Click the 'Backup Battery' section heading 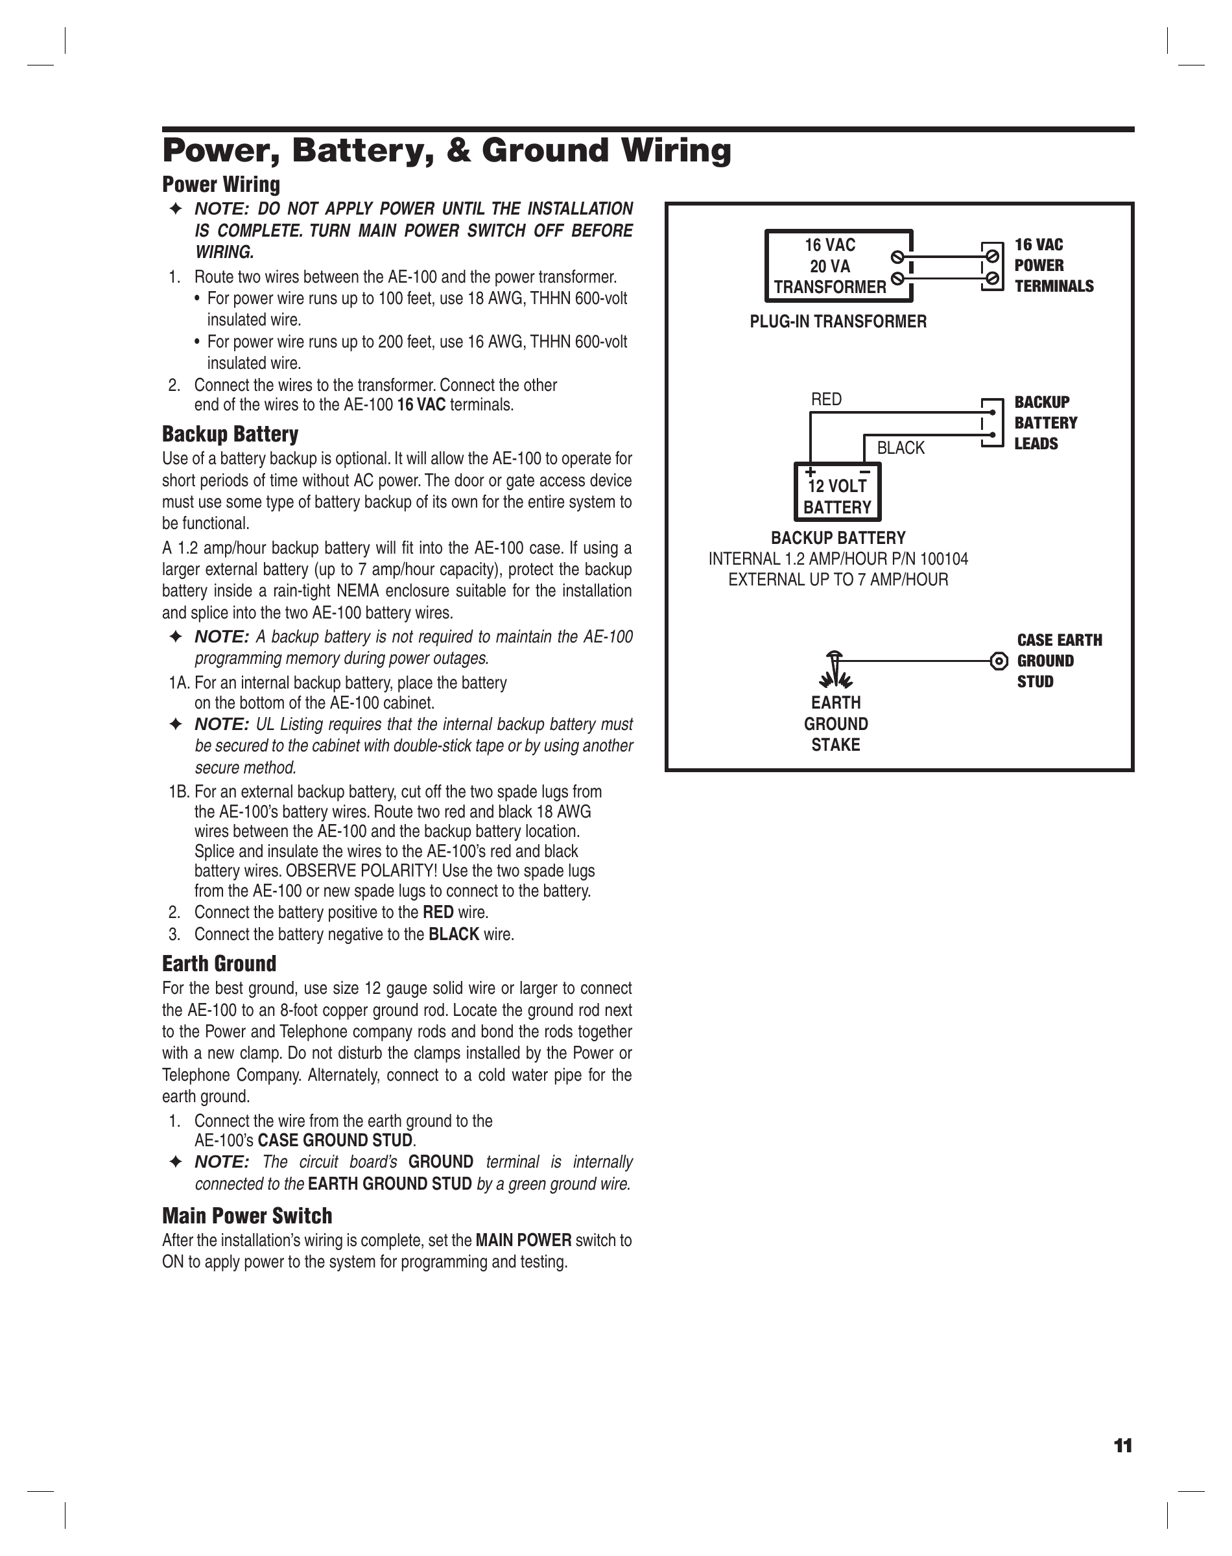tap(230, 434)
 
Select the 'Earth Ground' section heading tap(219, 963)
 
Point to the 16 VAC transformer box tap(838, 266)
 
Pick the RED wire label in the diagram tap(826, 399)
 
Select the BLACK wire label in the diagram tap(900, 448)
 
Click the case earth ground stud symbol tap(999, 661)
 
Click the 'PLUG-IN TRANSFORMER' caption tap(838, 322)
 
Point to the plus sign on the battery tap(811, 472)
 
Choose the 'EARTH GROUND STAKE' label tap(836, 724)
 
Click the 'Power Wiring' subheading tap(220, 185)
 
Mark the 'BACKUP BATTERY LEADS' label tap(1045, 423)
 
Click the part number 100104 tap(944, 559)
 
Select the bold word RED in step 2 tap(438, 913)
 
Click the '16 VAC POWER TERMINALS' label tap(1053, 265)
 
